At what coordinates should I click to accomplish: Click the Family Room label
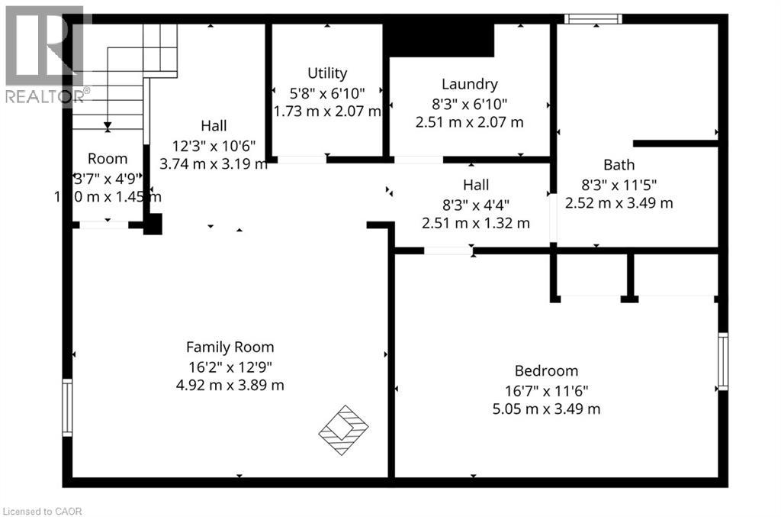230,347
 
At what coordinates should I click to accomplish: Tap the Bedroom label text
546,371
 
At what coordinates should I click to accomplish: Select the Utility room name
327,73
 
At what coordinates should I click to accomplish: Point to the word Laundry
470,84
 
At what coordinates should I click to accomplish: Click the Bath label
619,164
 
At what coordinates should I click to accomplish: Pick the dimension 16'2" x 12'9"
230,366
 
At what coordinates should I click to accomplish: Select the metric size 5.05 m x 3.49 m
546,409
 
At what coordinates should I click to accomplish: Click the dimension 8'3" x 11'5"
619,184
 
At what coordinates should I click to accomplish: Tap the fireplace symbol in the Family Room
343,431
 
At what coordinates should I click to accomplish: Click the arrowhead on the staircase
108,127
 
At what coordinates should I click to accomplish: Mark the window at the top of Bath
593,18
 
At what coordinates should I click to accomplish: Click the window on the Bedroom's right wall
723,361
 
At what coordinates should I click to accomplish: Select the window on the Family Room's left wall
67,408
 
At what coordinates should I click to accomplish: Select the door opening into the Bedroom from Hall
448,250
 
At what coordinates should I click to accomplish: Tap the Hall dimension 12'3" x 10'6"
214,145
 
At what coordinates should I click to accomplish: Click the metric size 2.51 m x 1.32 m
475,223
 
